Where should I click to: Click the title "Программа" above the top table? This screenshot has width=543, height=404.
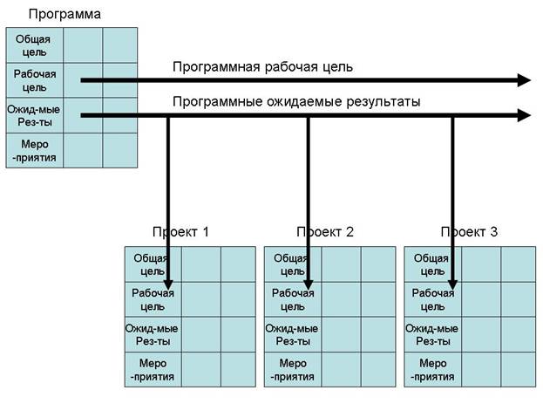64,15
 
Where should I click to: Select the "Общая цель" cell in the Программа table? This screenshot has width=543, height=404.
35,45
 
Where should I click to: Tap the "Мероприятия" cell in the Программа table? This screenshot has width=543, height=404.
35,150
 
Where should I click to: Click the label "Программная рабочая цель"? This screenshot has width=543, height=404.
262,67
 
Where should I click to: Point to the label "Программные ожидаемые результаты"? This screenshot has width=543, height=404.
296,102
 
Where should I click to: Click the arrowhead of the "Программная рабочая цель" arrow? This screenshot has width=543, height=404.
524,80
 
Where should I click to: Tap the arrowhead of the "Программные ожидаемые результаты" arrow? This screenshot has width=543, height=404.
524,115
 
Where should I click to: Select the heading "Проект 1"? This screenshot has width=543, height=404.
180,232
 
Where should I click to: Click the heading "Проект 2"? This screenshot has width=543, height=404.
325,232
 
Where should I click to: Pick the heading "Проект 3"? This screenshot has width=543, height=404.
469,232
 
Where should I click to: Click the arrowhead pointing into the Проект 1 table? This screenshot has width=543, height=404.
168,284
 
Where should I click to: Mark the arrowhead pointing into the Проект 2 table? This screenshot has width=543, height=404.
309,284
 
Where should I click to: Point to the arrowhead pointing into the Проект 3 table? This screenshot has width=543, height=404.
452,284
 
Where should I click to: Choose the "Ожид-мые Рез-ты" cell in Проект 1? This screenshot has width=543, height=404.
153,335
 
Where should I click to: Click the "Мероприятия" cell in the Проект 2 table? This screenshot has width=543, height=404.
293,370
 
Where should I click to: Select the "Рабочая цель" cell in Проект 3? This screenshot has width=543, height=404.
433,299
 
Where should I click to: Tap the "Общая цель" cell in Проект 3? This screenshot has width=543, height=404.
433,264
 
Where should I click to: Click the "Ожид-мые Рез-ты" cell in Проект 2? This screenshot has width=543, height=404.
293,335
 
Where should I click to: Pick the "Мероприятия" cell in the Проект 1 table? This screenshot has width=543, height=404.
153,370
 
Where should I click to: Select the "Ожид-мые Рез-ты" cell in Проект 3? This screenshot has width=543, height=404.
433,335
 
